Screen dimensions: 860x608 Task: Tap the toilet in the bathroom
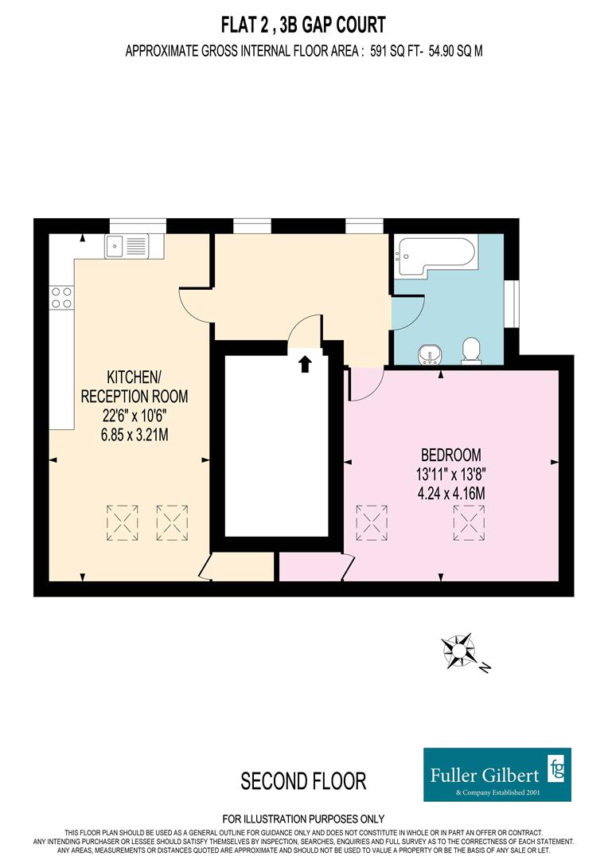click(471, 349)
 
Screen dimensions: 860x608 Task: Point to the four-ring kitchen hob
click(61, 297)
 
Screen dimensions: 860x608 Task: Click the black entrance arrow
click(305, 364)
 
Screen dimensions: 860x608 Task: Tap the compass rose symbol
click(458, 649)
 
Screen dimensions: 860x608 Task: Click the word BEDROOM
click(451, 455)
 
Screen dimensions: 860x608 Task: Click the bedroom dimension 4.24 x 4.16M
click(451, 492)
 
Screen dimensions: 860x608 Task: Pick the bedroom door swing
click(365, 385)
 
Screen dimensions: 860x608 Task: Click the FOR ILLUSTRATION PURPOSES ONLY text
click(303, 819)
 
